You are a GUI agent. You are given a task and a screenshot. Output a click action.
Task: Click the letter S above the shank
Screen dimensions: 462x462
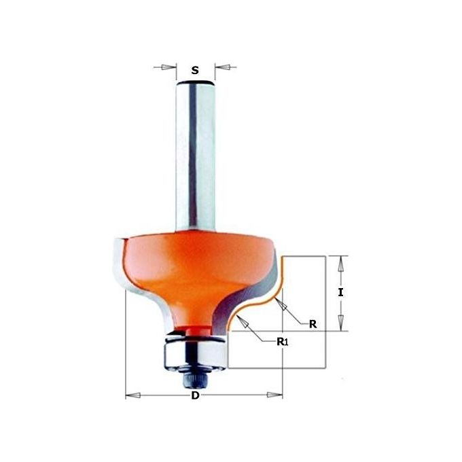[195, 69]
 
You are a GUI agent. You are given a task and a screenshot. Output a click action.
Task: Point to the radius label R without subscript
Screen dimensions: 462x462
[313, 324]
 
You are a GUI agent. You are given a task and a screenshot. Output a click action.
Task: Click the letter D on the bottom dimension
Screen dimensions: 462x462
[196, 396]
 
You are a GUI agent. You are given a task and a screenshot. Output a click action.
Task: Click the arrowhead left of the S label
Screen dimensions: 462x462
[170, 67]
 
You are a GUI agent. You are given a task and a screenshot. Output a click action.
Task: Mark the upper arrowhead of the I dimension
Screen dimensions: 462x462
[342, 262]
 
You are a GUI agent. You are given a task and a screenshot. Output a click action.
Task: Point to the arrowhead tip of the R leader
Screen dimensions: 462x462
[280, 302]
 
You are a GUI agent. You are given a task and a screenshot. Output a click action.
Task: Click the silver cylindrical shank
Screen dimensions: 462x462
[195, 156]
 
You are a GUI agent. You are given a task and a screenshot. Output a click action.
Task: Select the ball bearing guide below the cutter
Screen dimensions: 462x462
[194, 349]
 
